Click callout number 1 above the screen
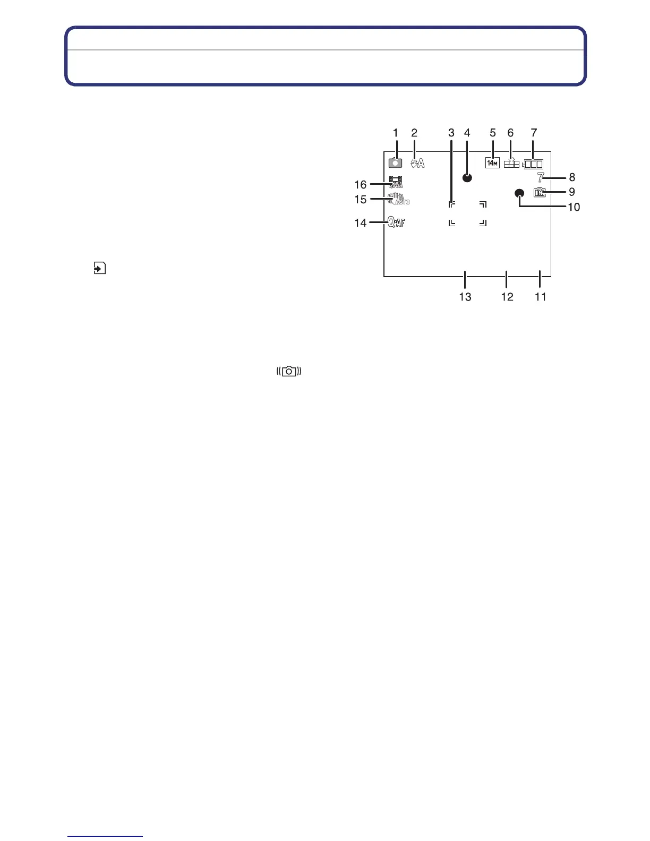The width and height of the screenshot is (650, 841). [395, 133]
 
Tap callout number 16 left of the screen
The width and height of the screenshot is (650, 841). [361, 185]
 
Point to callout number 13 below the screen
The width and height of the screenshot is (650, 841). [465, 297]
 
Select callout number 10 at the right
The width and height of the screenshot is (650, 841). [574, 207]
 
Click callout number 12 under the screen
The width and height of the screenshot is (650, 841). [507, 297]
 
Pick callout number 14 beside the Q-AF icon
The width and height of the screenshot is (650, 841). [361, 223]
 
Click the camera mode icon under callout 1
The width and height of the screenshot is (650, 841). [395, 164]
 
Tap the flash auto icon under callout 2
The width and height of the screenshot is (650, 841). [417, 164]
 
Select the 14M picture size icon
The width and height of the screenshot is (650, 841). [492, 163]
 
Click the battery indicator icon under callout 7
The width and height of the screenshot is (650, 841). [533, 164]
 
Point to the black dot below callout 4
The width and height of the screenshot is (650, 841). [467, 178]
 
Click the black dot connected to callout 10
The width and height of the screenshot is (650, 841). [519, 194]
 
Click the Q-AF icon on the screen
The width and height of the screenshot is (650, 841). [396, 224]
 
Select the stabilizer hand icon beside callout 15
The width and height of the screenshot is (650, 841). [398, 200]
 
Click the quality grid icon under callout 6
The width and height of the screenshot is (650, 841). [511, 164]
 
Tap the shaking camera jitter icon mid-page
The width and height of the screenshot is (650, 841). [289, 372]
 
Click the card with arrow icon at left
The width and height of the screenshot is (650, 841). [99, 268]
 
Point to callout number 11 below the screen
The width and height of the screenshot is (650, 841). [541, 297]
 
